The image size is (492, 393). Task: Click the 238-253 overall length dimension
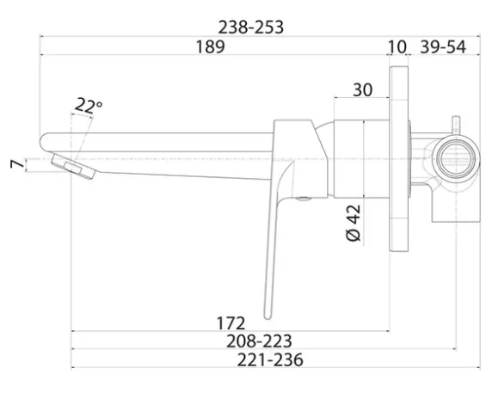point(250,27)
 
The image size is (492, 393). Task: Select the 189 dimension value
point(210,46)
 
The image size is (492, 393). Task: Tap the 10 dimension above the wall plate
point(397,46)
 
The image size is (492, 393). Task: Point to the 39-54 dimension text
point(443,46)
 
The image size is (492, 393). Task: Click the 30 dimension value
point(363,89)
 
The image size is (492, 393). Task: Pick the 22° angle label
point(89,105)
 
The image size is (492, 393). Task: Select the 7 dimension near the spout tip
point(17,164)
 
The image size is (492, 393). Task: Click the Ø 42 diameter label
point(354,223)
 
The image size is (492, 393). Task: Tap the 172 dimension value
point(231,323)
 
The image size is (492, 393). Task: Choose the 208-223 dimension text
point(259,341)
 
